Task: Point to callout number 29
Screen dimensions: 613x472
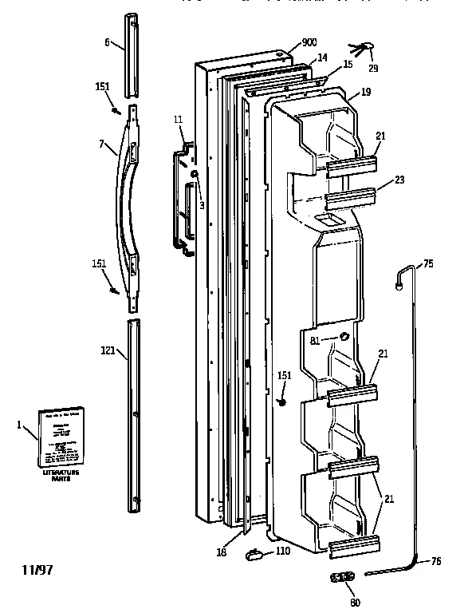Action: [373, 69]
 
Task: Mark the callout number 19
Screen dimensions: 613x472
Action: [366, 93]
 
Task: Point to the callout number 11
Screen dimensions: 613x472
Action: [177, 119]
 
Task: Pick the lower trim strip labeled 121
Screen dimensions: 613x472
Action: [131, 413]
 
